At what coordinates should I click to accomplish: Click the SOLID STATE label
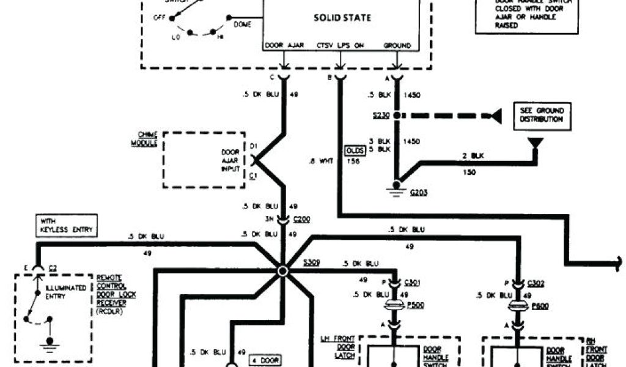coord(342,18)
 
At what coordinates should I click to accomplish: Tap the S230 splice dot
coord(397,115)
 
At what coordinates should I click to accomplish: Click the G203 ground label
coord(419,192)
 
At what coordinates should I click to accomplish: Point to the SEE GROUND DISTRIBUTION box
coord(539,115)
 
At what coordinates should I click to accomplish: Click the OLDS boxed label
coord(355,150)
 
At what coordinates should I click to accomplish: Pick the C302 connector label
coord(537,283)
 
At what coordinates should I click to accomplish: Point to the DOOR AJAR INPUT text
coord(231,160)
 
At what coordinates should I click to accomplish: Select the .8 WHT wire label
coord(320,162)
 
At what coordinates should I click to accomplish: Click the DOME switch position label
coord(242,24)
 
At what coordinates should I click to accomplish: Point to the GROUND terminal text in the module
coord(397,46)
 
